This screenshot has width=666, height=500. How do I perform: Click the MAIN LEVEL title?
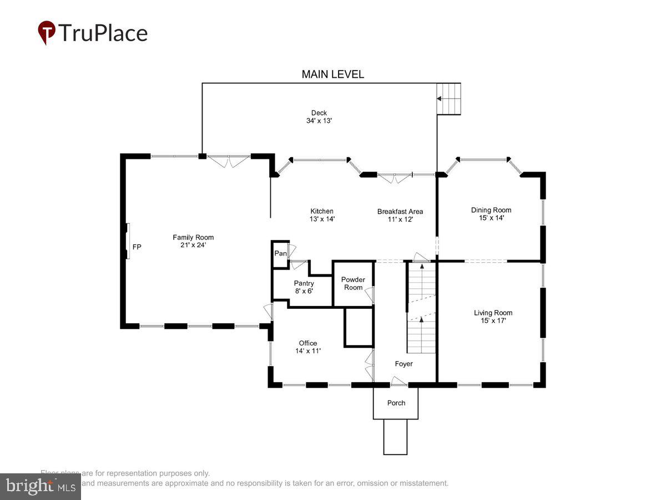pyautogui.click(x=332, y=74)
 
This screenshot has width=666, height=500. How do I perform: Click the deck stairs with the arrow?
pyautogui.click(x=448, y=99)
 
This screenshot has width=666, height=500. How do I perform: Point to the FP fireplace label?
pyautogui.click(x=137, y=247)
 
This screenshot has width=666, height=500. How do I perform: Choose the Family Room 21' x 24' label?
pyautogui.click(x=193, y=241)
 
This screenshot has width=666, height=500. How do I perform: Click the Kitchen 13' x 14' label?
pyautogui.click(x=322, y=215)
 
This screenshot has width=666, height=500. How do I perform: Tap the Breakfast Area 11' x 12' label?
pyautogui.click(x=400, y=215)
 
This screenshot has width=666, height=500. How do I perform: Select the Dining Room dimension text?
pyautogui.click(x=491, y=218)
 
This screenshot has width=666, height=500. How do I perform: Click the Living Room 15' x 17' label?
pyautogui.click(x=493, y=317)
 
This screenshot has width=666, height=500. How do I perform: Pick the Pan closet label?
pyautogui.click(x=280, y=254)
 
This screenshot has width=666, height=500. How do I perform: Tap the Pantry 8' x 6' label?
pyautogui.click(x=304, y=287)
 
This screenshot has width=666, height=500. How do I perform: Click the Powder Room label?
pyautogui.click(x=353, y=283)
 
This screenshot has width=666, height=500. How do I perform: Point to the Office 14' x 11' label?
pyautogui.click(x=308, y=347)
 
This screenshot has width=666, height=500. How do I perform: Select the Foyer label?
pyautogui.click(x=403, y=364)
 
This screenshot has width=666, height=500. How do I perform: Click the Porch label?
pyautogui.click(x=396, y=403)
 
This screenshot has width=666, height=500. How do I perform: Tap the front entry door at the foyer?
pyautogui.click(x=399, y=382)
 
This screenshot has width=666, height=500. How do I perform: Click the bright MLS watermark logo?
pyautogui.click(x=40, y=487)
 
